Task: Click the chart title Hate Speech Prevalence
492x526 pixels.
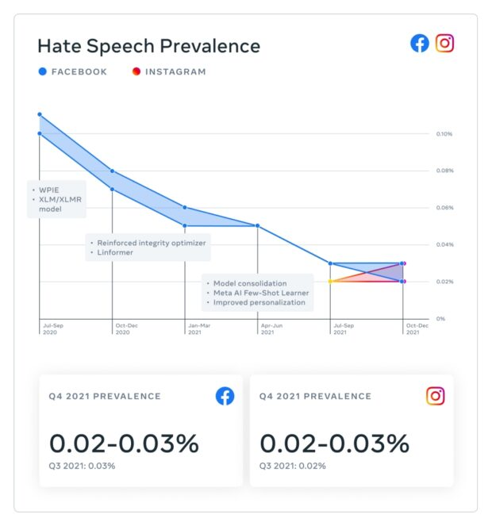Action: tap(148, 45)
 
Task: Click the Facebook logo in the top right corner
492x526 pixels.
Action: tap(420, 43)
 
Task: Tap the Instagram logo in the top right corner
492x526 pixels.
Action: tap(445, 43)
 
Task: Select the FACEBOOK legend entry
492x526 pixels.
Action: tap(73, 71)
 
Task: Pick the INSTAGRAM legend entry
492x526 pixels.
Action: tap(169, 71)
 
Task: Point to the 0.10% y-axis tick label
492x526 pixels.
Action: tap(444, 133)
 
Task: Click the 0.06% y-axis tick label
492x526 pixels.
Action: tap(444, 208)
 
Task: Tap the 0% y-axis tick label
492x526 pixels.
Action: tap(440, 318)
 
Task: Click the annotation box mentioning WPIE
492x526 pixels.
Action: tap(56, 199)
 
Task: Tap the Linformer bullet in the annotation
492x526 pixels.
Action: tap(116, 252)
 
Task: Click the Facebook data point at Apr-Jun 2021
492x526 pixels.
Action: tap(258, 225)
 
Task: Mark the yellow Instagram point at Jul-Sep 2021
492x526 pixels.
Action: tap(330, 281)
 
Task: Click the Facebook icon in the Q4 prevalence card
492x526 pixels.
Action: tap(225, 396)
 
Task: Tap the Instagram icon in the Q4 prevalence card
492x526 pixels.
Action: tap(435, 396)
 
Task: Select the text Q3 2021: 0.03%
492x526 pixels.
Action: tap(82, 466)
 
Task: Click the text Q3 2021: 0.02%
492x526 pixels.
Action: tap(292, 466)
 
